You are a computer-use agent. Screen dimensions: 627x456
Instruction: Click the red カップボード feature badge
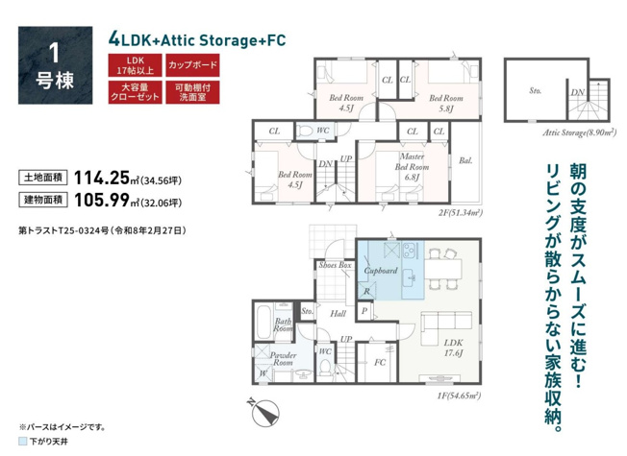click(192, 65)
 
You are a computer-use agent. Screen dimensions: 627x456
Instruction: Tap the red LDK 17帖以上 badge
click(136, 65)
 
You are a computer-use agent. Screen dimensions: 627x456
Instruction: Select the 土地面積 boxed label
click(42, 178)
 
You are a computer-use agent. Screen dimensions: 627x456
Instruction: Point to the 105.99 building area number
click(102, 200)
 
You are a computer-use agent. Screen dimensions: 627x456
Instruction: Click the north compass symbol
click(263, 411)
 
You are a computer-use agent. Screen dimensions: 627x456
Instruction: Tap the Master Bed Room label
click(412, 167)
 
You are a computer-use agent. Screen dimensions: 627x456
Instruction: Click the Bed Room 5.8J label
click(446, 103)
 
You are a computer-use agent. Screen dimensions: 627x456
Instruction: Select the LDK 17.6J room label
click(454, 348)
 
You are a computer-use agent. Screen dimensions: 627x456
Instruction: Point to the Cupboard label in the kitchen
click(381, 271)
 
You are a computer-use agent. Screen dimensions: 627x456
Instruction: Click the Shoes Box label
click(335, 265)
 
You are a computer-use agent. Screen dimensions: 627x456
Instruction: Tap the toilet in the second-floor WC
click(306, 131)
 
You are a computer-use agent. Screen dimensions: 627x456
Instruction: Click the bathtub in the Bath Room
click(263, 323)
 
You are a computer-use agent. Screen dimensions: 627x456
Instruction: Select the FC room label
click(380, 362)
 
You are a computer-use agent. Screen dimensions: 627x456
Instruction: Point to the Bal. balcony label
click(465, 160)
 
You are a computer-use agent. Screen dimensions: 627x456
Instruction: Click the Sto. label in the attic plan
click(536, 90)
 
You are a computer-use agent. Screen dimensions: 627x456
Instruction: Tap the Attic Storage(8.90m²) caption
click(579, 132)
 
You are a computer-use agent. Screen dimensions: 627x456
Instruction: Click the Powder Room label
click(283, 359)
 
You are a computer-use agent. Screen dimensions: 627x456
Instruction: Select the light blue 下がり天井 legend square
click(23, 442)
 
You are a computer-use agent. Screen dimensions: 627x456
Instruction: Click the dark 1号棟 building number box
click(55, 65)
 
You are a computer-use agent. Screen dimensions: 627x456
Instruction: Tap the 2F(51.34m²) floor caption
click(461, 212)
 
